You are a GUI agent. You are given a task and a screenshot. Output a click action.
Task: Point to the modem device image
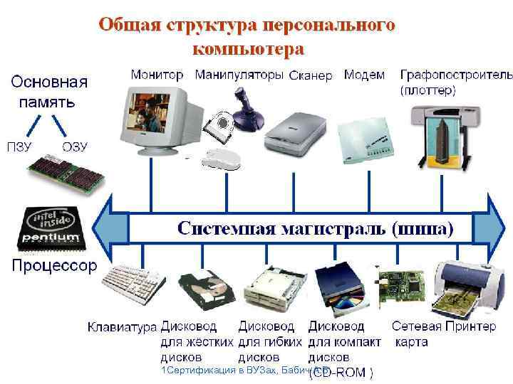(x=364, y=132)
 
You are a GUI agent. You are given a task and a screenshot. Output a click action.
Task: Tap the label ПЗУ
(x=20, y=147)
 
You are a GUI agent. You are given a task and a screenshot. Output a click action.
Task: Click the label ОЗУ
(x=74, y=147)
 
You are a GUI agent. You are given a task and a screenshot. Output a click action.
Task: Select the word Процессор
(x=53, y=266)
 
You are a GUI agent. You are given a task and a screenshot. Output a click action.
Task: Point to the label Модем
(x=364, y=75)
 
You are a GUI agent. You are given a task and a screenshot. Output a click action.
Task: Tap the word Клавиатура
(x=122, y=327)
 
